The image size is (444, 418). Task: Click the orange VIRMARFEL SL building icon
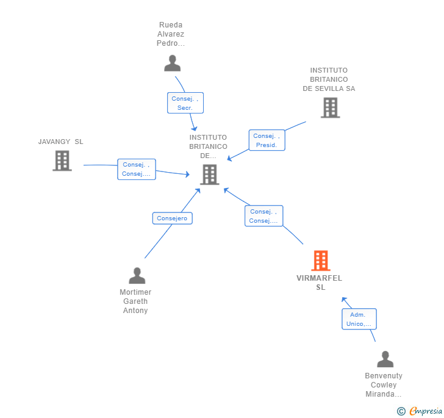(x=321, y=261)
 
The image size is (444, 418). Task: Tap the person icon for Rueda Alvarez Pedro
(x=172, y=63)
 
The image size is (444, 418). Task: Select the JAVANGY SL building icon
(x=62, y=160)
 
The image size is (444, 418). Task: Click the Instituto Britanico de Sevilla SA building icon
(x=331, y=107)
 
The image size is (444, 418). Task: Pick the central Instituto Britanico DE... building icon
(x=210, y=175)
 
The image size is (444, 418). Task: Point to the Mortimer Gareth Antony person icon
(x=137, y=275)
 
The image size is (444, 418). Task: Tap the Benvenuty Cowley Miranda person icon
(x=385, y=359)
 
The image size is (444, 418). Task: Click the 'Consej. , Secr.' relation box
(x=185, y=103)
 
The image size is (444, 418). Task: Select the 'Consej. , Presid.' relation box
(x=267, y=140)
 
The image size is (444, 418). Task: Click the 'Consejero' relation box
(x=172, y=218)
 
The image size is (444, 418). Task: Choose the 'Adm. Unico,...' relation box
(x=359, y=319)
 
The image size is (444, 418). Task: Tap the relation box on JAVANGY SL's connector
(x=137, y=169)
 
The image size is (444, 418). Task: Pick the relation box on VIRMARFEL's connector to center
(x=263, y=216)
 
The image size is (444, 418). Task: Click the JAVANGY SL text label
(x=60, y=142)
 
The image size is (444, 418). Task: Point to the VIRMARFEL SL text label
(x=320, y=283)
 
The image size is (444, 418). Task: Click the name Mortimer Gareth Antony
(x=135, y=301)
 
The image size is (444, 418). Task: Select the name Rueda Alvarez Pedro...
(x=171, y=34)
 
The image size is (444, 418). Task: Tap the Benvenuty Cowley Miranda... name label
(x=384, y=385)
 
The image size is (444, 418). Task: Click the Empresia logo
(x=420, y=411)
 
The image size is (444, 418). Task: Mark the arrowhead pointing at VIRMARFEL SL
(x=344, y=300)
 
